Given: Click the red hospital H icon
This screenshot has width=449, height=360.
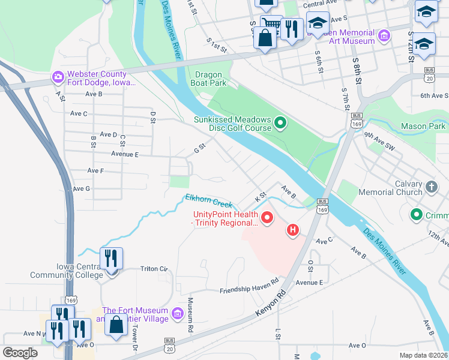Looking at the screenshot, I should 293,229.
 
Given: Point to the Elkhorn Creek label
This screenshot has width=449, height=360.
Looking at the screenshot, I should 208,200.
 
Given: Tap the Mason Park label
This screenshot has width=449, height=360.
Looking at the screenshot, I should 423,126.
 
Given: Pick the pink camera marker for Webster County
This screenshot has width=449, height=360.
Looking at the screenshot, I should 58,76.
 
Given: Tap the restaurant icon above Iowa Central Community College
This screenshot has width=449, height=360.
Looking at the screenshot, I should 111,259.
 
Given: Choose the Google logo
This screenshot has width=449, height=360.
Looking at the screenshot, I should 20,353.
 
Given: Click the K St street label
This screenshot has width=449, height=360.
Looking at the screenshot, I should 260,197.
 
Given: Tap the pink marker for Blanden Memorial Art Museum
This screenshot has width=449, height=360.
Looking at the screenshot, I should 384,37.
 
